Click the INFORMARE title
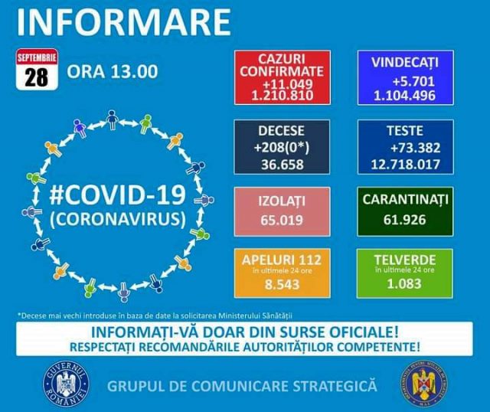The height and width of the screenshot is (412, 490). coord(124,22)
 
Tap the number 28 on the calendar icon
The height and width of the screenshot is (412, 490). coord(37,77)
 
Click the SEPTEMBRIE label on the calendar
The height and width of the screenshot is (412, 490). coord(37,58)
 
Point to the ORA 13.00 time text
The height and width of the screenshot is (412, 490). coord(113,71)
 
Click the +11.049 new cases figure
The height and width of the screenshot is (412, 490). coord(288,84)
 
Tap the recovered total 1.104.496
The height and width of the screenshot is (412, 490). coord(405,95)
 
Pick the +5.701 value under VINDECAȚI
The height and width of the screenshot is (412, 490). coord(413,82)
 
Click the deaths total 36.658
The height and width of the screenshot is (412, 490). coord(283,165)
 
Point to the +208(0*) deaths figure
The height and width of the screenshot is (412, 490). coord(282,148)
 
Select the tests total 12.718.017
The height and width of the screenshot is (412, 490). coord(405,164)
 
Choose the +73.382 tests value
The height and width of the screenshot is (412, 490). coord(415,148)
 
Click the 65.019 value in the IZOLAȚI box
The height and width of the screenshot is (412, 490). coord(282,220)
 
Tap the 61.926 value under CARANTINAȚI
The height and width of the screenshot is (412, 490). coord(405,220)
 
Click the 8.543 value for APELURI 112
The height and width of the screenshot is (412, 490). coord(283,284)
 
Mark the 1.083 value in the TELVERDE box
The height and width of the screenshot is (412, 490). coord(404,283)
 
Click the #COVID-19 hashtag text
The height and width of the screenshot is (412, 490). coord(117,195)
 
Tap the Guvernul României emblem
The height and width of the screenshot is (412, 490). coord(66,384)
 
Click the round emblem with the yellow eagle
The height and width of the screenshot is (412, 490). coord(424,384)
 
